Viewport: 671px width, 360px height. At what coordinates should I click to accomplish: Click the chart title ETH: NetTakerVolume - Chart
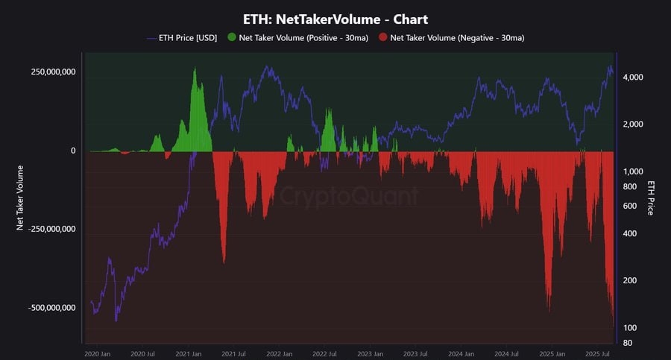[335, 18]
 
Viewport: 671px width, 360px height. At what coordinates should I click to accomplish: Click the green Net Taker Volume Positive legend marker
[231, 37]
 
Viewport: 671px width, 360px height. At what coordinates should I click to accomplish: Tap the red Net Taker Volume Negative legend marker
[382, 37]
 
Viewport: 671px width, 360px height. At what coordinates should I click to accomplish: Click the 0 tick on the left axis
[73, 151]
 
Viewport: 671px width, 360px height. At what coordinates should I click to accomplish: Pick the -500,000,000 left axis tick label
[52, 308]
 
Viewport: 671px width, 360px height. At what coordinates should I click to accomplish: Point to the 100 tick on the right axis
[630, 328]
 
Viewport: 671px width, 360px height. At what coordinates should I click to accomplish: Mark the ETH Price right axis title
[651, 198]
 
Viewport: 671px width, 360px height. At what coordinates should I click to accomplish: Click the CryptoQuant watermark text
[349, 196]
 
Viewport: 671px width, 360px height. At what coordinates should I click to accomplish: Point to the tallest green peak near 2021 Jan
[195, 70]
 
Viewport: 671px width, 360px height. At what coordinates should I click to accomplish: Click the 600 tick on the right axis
[631, 206]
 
